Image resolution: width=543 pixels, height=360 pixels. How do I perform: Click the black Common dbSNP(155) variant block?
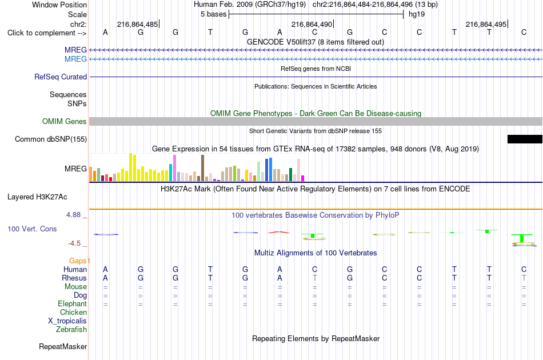tap(525, 139)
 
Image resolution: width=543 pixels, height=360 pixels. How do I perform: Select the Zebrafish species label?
tap(71, 330)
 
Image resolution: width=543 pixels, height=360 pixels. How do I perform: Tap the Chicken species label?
tap(73, 312)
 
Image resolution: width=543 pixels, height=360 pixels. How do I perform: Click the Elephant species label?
tap(72, 303)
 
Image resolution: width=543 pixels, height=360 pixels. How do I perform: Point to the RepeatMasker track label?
tap(63, 346)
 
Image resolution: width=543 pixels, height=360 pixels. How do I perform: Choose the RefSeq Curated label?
tap(60, 77)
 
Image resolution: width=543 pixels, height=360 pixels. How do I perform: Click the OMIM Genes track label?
tap(65, 122)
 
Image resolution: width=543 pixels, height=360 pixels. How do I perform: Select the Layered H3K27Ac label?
tap(37, 197)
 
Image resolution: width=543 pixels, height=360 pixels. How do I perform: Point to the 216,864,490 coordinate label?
tap(312, 24)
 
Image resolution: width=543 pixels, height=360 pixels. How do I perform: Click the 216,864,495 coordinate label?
tap(486, 24)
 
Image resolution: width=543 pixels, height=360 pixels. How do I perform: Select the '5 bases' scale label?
tap(213, 14)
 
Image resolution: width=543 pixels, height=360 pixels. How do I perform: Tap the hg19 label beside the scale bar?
tap(417, 14)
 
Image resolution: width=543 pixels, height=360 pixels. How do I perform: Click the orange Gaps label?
tap(79, 261)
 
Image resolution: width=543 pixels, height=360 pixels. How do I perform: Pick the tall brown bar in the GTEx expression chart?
tap(202, 168)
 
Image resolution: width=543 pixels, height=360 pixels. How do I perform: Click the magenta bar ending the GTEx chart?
tap(303, 178)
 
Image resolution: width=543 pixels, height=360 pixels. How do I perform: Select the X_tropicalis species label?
tap(67, 321)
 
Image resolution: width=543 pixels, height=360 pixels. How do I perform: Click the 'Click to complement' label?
tap(47, 33)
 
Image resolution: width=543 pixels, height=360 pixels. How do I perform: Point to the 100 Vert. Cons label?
tap(32, 229)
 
